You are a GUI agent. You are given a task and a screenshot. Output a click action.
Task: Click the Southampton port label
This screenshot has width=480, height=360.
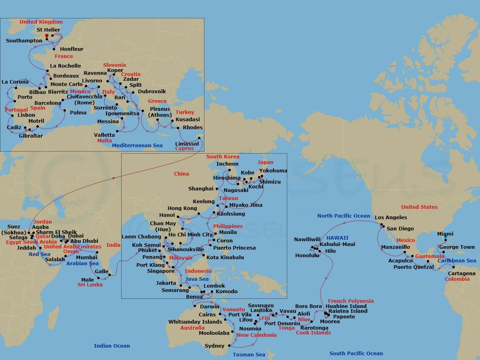24,40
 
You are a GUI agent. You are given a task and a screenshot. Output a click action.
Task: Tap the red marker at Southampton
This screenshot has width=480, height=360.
47,36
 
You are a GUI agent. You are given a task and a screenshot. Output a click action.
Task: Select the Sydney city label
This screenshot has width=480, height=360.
215,346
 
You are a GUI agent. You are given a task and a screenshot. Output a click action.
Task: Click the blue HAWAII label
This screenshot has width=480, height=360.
337,238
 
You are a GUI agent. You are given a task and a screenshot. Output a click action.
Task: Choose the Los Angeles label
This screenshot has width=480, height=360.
391,218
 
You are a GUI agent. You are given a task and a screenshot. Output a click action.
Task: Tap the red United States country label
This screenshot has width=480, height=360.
419,207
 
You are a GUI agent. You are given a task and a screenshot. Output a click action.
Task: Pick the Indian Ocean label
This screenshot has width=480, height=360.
112,346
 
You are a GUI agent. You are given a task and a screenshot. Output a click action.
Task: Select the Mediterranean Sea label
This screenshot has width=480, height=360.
137,145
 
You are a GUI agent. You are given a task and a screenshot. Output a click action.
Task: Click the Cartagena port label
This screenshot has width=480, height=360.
462,274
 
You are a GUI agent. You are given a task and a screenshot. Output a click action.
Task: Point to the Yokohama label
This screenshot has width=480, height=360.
273,171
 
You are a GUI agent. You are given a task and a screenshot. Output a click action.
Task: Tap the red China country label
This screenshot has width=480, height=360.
182,174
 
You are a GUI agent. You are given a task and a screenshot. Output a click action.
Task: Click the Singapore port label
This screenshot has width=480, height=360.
161,271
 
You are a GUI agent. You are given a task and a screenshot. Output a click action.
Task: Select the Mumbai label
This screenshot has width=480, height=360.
86,257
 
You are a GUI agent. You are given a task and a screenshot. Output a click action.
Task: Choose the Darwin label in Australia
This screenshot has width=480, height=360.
209,307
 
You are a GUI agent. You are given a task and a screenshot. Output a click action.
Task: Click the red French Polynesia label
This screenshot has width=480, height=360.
351,301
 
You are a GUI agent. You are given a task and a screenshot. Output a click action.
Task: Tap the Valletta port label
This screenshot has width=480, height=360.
104,135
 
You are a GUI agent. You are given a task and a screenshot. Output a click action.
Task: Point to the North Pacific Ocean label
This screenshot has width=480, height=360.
344,216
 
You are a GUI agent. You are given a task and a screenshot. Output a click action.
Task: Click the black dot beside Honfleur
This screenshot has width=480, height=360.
54,49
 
